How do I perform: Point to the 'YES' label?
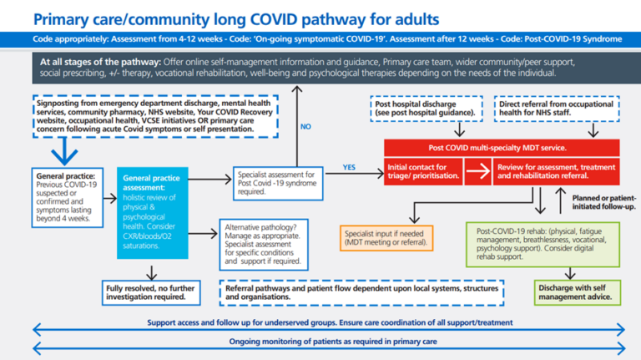pyautogui.click(x=349, y=167)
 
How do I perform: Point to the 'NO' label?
pyautogui.click(x=305, y=128)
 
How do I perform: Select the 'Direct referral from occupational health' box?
pyautogui.click(x=558, y=108)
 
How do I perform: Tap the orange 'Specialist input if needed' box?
pyautogui.click(x=386, y=237)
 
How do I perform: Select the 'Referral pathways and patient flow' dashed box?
pyautogui.click(x=362, y=292)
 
